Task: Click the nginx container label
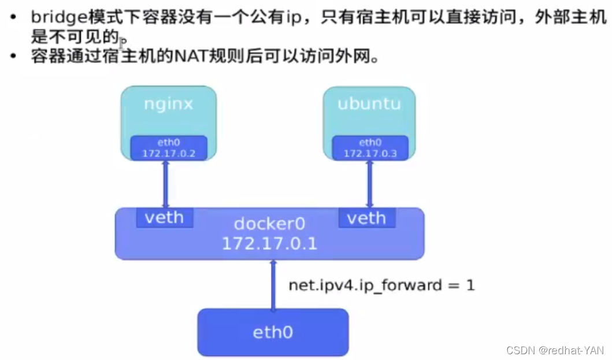click(x=168, y=105)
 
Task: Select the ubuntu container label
click(x=369, y=105)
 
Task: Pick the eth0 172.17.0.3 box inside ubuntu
click(x=369, y=148)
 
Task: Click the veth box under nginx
click(x=164, y=218)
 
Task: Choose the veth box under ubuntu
click(x=366, y=218)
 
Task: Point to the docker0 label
click(x=269, y=224)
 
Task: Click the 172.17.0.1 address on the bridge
click(x=269, y=243)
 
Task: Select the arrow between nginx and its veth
click(x=165, y=184)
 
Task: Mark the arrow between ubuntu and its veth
click(x=369, y=184)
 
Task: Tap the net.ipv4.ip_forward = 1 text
click(x=381, y=285)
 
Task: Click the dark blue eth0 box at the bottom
click(x=273, y=332)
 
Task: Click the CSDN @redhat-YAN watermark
click(x=555, y=350)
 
